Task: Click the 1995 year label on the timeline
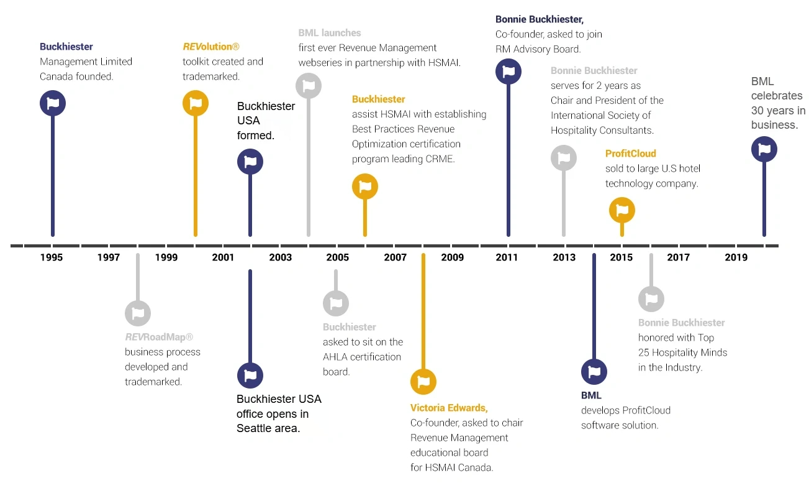tap(52, 257)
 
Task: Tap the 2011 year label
tap(507, 257)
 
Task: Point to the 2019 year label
tap(736, 257)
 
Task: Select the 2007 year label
tap(395, 257)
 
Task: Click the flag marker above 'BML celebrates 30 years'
tap(764, 149)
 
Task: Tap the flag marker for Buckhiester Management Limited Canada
tap(53, 103)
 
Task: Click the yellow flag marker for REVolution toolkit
tap(196, 103)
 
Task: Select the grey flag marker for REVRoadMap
tap(138, 313)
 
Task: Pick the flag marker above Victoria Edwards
tap(423, 381)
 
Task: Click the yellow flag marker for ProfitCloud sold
tap(622, 210)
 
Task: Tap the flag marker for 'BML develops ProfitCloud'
tap(594, 372)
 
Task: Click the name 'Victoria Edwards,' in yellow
tap(449, 408)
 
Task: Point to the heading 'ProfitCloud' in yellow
tap(630, 154)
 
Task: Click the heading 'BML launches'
tap(329, 33)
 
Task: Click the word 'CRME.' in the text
tap(441, 159)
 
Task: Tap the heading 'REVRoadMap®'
tap(159, 337)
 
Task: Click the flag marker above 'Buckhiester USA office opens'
tap(250, 376)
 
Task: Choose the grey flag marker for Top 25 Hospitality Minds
tap(651, 299)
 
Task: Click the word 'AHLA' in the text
tap(337, 357)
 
